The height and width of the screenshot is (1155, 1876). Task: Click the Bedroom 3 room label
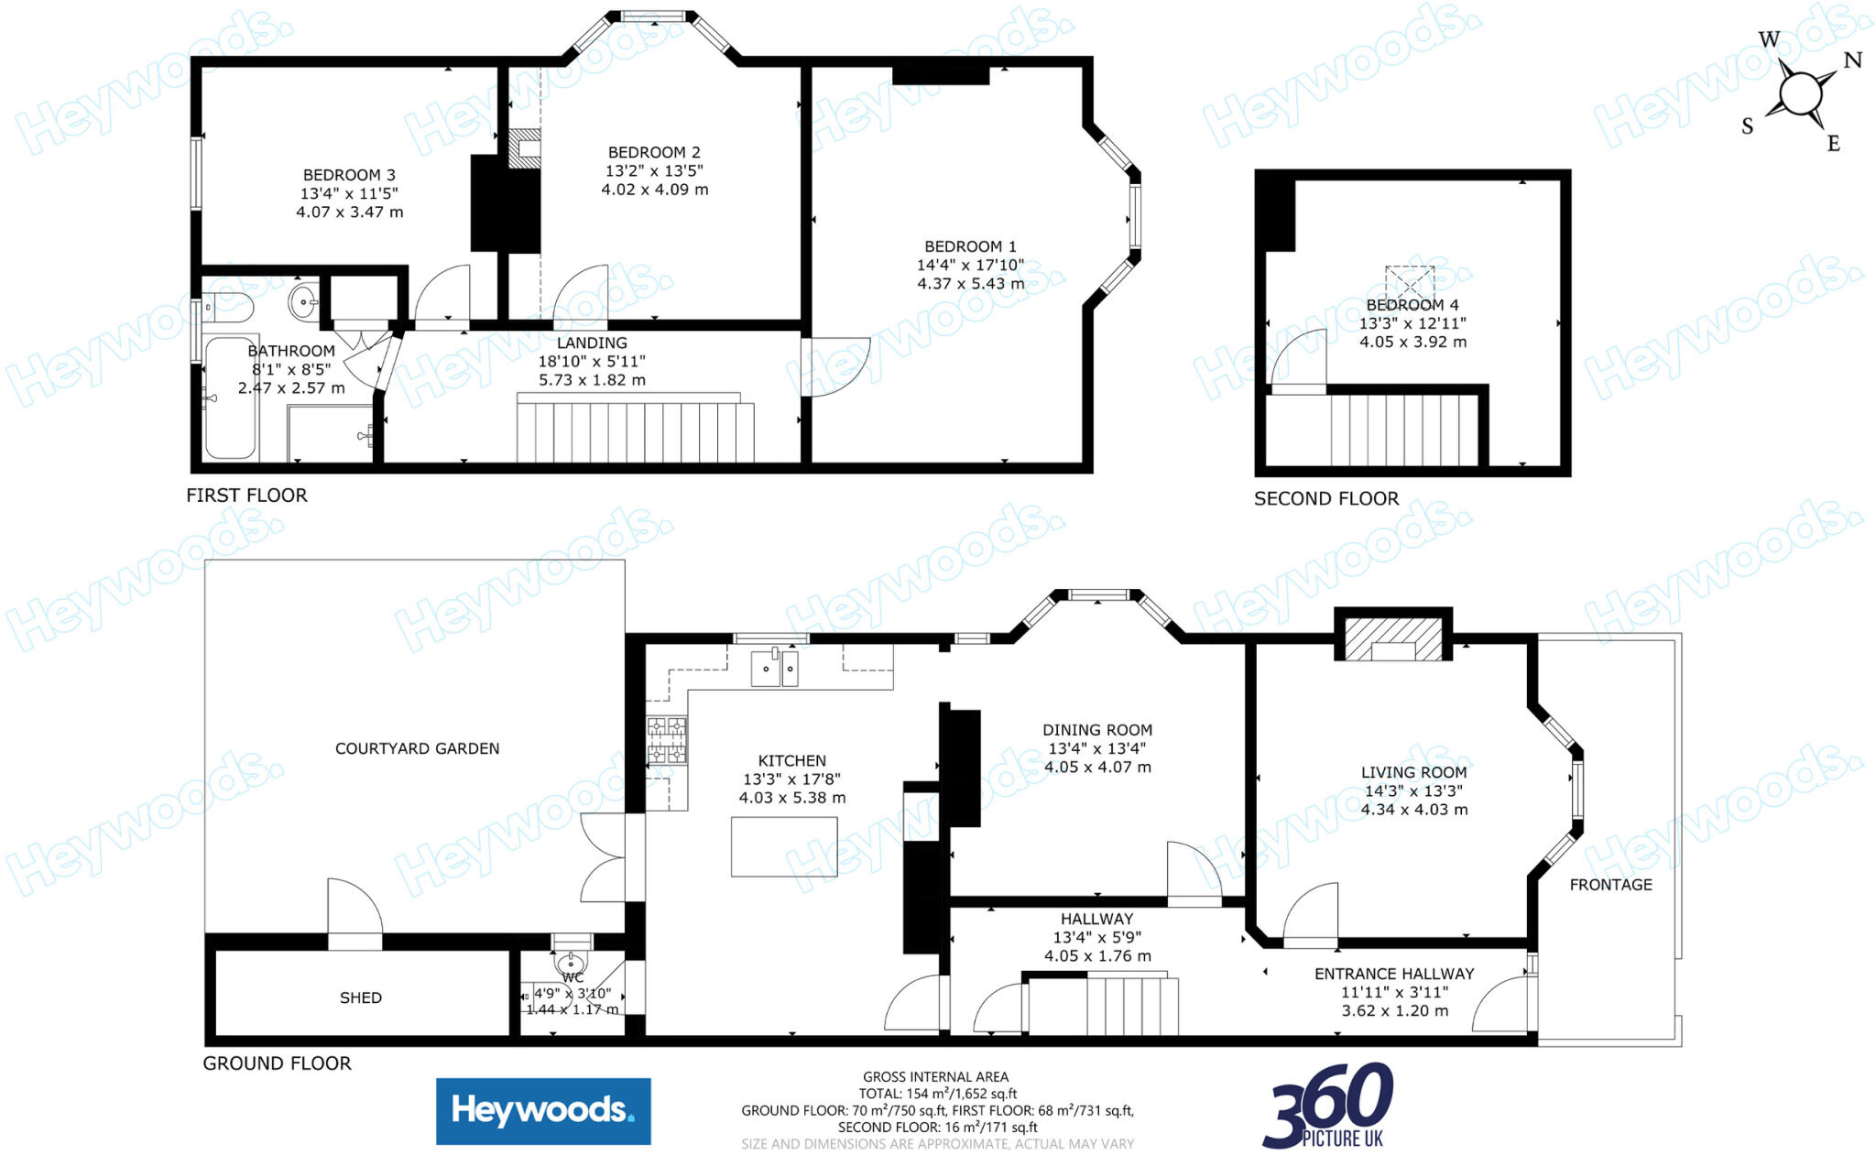[349, 175]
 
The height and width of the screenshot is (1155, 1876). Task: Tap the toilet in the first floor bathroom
[227, 308]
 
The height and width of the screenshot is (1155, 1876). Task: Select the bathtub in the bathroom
[230, 398]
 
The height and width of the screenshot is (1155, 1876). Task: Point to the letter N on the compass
[1852, 60]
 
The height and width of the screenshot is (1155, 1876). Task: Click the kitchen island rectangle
[784, 846]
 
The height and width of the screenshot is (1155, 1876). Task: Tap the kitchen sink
[774, 668]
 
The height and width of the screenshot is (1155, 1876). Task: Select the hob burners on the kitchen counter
[667, 741]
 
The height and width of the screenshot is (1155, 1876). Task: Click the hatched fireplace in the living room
[1392, 638]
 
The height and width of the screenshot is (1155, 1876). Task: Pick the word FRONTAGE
[1610, 885]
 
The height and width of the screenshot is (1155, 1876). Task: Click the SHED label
[361, 997]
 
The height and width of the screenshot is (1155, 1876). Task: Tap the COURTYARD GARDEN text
[417, 748]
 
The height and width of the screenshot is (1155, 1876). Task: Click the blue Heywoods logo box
[543, 1111]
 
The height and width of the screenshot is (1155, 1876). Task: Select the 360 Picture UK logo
[1328, 1106]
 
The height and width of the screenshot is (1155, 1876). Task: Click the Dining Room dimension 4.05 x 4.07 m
[1097, 767]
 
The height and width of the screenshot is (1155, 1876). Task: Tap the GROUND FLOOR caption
[277, 1063]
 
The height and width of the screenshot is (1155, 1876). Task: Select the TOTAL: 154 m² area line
[937, 1094]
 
